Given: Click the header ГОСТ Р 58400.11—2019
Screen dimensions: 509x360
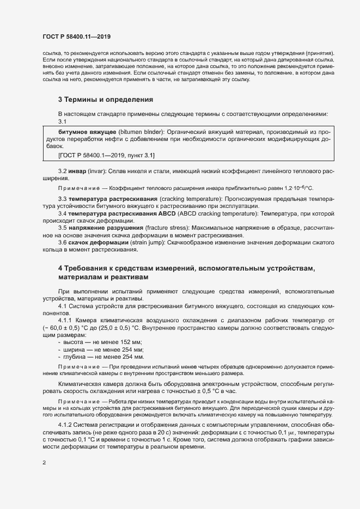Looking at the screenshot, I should tap(76, 36).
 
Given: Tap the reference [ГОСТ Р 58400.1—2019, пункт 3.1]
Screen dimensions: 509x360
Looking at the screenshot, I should tap(106, 155).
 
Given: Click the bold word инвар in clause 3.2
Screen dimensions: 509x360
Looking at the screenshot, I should tap(77, 171).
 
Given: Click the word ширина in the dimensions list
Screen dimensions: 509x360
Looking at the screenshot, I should tap(75, 349).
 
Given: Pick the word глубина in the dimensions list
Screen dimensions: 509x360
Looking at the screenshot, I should tap(76, 357).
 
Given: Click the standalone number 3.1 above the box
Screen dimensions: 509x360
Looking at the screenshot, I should tap(62, 122).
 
